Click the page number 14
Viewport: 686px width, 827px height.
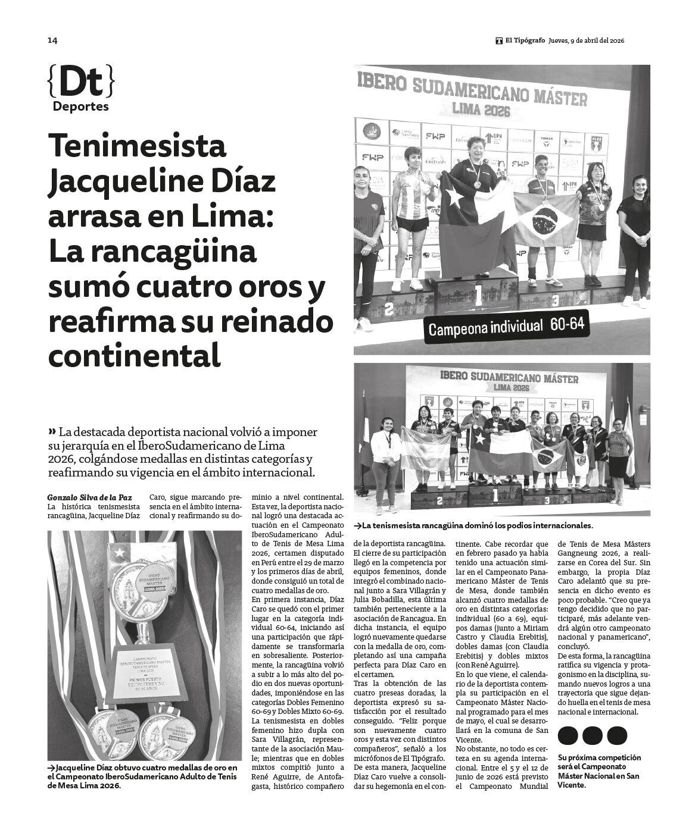(52, 40)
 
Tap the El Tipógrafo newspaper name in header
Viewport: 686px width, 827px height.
(524, 40)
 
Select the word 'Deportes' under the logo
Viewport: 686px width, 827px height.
(81, 107)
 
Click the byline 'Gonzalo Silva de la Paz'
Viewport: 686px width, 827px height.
(89, 497)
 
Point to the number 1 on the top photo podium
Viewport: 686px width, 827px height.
(478, 295)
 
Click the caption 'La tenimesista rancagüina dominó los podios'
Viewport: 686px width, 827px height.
(475, 526)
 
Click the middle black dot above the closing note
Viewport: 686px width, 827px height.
(593, 735)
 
